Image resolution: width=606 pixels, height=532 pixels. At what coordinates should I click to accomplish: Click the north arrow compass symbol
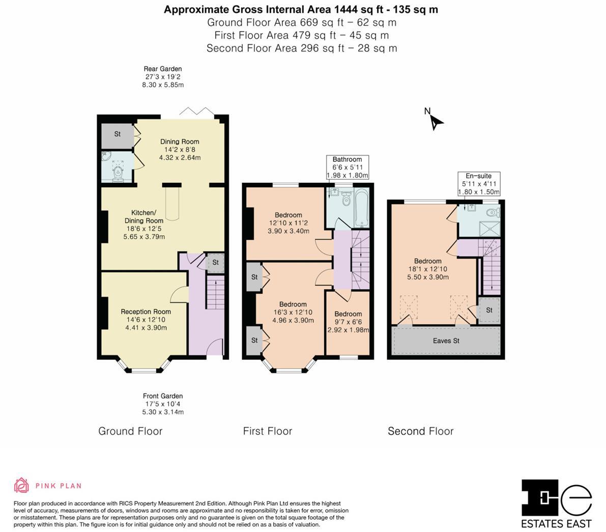click(x=435, y=121)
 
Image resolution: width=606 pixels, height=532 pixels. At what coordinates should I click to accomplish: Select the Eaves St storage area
click(x=446, y=341)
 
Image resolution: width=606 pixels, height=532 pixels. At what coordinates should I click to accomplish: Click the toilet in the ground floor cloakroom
click(x=118, y=172)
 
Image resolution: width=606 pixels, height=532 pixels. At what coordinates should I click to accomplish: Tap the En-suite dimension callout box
click(x=479, y=184)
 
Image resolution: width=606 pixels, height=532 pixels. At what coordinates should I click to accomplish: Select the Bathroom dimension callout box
click(x=347, y=167)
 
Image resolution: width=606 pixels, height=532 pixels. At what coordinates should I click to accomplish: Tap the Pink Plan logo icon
click(x=21, y=485)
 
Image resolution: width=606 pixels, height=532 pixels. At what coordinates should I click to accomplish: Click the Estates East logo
click(x=557, y=503)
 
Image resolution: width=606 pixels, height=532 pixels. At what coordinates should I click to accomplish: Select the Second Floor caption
click(x=420, y=431)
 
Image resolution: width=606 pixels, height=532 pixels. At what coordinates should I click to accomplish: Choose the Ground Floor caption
click(x=130, y=431)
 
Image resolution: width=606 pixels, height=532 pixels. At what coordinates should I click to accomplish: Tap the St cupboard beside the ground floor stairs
click(x=215, y=263)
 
